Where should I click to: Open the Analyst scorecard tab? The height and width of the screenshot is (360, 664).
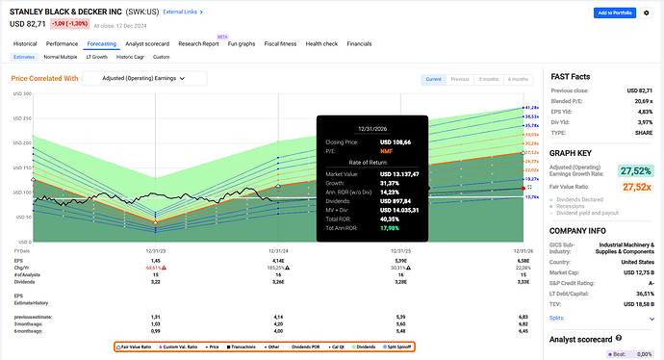coord(148,43)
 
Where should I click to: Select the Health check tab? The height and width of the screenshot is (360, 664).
coord(321,43)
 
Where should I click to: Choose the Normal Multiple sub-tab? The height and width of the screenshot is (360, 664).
coord(61,57)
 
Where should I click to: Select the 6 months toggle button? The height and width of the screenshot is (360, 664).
coord(519,79)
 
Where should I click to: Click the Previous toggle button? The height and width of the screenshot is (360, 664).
coord(461,79)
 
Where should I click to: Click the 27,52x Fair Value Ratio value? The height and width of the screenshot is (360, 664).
coord(636,185)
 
